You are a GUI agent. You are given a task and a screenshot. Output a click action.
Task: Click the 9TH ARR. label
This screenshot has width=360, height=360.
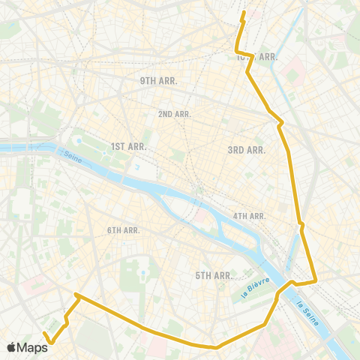tap(157, 79)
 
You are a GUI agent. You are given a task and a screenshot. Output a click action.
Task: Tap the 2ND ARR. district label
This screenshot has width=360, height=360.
tap(175, 114)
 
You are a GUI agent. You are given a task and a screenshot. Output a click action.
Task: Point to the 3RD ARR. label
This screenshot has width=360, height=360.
tap(247, 150)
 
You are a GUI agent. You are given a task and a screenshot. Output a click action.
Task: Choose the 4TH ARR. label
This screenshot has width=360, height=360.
tap(250, 216)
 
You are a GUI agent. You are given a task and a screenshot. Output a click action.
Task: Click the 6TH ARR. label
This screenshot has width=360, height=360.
tap(124, 230)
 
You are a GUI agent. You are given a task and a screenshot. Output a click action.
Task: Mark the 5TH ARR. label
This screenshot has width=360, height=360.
tap(214, 276)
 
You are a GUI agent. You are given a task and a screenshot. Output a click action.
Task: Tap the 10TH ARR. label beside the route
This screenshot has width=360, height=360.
tap(258, 57)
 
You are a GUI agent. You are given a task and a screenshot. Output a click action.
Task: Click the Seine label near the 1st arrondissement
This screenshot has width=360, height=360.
tap(72, 156)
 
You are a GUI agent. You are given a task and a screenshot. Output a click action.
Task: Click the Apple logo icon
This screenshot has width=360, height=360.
tap(11, 347)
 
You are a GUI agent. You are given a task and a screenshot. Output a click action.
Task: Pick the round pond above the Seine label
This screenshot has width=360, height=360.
tap(77, 139)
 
